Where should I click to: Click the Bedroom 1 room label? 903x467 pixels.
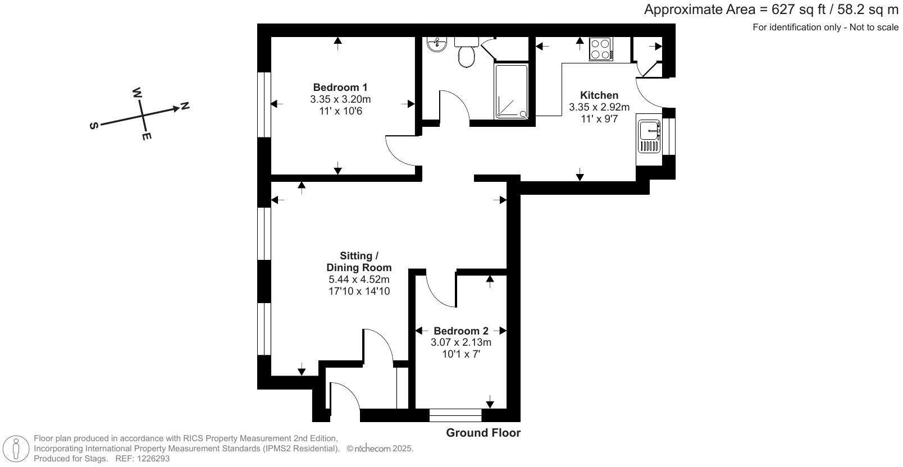pyautogui.click(x=340, y=88)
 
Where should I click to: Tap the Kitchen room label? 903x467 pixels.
pyautogui.click(x=599, y=95)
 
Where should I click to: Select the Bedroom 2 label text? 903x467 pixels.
pyautogui.click(x=460, y=331)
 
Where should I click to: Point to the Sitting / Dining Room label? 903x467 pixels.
pyautogui.click(x=359, y=262)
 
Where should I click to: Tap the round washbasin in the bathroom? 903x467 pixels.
pyautogui.click(x=436, y=44)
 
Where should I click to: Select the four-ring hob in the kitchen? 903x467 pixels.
pyautogui.click(x=600, y=48)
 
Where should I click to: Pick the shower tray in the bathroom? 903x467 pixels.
pyautogui.click(x=511, y=91)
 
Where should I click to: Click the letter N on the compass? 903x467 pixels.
pyautogui.click(x=185, y=106)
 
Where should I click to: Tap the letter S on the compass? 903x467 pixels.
pyautogui.click(x=94, y=126)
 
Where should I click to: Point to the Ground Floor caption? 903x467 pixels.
pyautogui.click(x=483, y=433)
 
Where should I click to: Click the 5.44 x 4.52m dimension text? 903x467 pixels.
pyautogui.click(x=359, y=280)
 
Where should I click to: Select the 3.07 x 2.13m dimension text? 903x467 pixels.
pyautogui.click(x=460, y=342)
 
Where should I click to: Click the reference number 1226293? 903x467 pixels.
pyautogui.click(x=150, y=459)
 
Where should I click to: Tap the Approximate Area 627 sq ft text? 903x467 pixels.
pyautogui.click(x=770, y=10)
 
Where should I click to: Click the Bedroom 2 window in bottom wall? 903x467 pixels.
pyautogui.click(x=455, y=415)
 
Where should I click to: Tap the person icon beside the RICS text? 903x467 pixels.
pyautogui.click(x=16, y=449)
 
